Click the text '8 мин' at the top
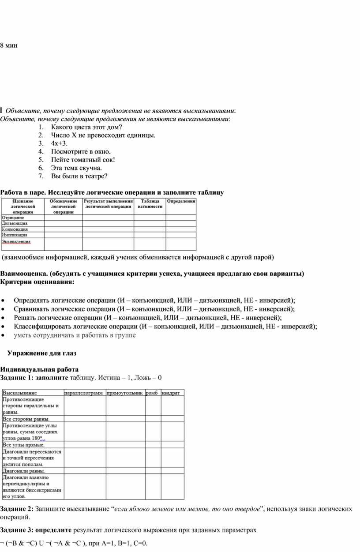point(9,45)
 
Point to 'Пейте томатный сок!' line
point(82,160)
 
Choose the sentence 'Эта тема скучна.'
point(76,168)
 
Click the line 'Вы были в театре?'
point(79,176)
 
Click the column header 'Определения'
point(181,201)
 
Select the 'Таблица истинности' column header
point(150,204)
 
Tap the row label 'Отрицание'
point(13,218)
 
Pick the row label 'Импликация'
point(15,235)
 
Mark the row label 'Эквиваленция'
point(16,241)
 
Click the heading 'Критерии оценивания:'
point(37,282)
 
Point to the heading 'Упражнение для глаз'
point(42,353)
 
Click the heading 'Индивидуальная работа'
point(39,369)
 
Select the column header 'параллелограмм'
point(84,393)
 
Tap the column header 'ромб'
point(152,393)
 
